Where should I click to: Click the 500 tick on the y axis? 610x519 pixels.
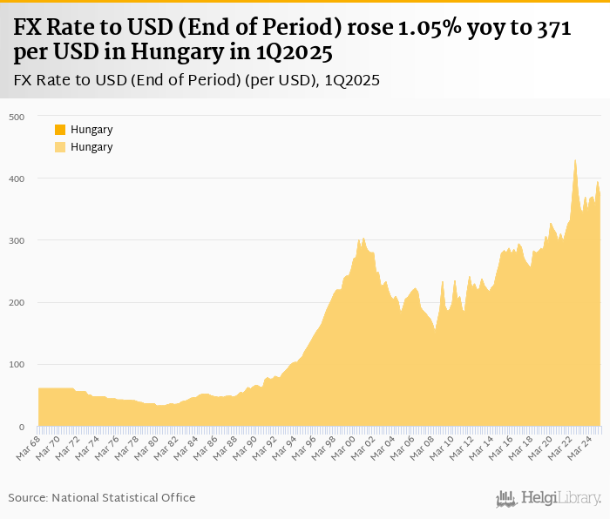(x=17, y=117)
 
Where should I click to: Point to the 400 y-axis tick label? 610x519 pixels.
(x=17, y=179)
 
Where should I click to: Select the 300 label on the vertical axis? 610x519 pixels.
(x=17, y=240)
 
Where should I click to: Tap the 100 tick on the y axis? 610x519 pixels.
(x=17, y=364)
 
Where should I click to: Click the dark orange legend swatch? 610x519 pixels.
(x=60, y=130)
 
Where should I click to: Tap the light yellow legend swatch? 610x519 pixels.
(x=60, y=147)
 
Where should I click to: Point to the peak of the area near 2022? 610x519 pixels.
(x=575, y=160)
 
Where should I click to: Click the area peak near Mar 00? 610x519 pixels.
(x=363, y=238)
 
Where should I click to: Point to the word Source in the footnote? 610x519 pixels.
(x=28, y=497)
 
